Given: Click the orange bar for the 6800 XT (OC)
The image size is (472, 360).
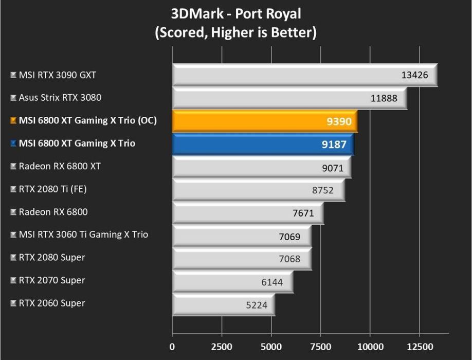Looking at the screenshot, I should (x=264, y=121).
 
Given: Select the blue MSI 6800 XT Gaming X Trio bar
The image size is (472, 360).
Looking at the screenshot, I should (x=263, y=144).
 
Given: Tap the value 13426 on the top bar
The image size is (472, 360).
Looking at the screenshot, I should (x=414, y=75).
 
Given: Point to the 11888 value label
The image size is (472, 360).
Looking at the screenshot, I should (x=384, y=98).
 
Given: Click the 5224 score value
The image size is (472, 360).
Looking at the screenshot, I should (x=257, y=305).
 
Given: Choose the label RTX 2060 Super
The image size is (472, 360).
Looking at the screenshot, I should (x=52, y=303).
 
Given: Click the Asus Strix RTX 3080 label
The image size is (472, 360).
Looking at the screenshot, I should (x=60, y=97).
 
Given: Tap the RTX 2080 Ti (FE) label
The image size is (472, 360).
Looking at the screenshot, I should (x=52, y=189).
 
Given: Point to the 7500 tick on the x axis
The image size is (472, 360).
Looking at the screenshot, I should (x=320, y=346).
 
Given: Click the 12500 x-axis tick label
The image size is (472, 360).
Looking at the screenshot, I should (x=419, y=346).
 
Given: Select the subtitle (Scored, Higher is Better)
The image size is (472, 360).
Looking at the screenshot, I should (x=236, y=33).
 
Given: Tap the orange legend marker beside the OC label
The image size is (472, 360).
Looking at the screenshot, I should (x=13, y=121).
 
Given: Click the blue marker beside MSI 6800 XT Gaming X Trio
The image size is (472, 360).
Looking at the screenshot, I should (x=13, y=144).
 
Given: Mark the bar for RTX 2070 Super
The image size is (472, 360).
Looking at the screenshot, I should (x=232, y=281).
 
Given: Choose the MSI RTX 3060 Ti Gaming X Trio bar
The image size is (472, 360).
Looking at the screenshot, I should (x=241, y=236).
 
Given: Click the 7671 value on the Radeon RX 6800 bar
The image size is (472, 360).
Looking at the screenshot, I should (x=303, y=213).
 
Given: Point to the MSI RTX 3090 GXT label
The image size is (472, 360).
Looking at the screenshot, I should (x=57, y=75).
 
